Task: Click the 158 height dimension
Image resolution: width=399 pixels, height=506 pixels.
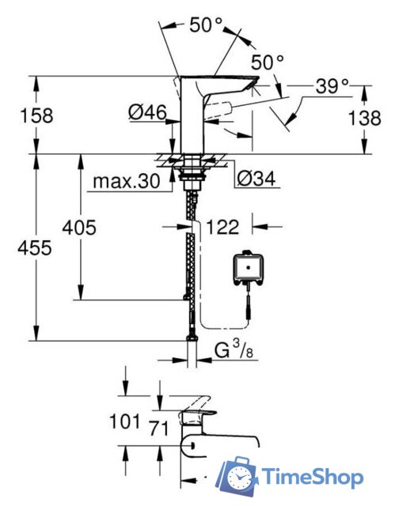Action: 36,115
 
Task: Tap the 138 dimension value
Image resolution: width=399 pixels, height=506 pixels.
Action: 365,118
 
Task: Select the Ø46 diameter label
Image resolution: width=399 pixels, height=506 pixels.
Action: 147,112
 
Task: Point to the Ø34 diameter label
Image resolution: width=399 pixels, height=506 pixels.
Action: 256,179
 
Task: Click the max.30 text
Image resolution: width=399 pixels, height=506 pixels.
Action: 127,181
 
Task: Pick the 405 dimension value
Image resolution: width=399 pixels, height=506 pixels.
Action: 79,228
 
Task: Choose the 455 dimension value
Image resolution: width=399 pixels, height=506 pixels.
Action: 35,248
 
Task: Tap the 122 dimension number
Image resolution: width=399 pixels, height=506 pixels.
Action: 222,227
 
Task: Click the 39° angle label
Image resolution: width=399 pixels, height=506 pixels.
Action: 332,86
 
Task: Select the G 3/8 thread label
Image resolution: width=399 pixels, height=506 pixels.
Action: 234,349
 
